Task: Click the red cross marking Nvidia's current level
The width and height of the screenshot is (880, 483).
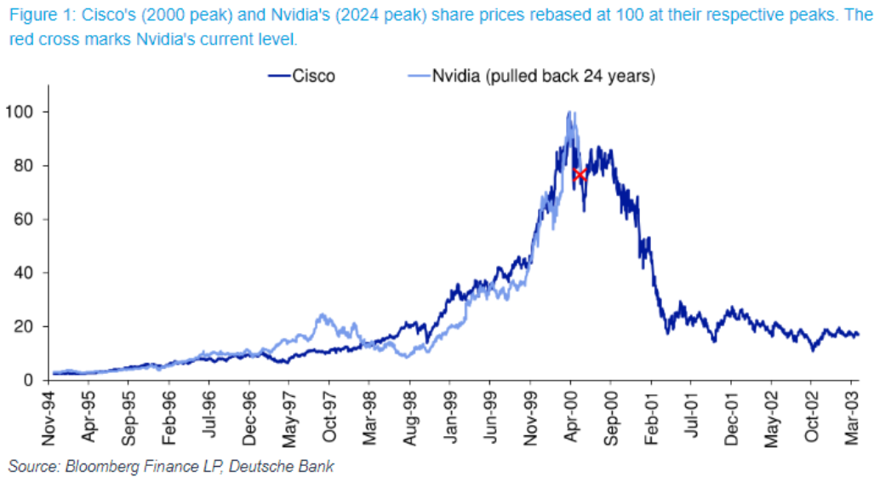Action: coord(579,175)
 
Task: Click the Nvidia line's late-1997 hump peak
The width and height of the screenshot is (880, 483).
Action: coord(321,315)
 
